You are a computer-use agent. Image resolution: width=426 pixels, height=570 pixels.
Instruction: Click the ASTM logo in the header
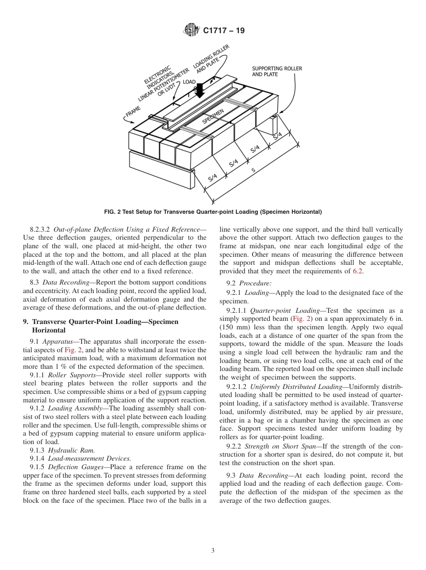pyautogui.click(x=191, y=30)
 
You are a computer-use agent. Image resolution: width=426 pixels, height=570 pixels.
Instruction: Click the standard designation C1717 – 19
pyautogui.click(x=224, y=31)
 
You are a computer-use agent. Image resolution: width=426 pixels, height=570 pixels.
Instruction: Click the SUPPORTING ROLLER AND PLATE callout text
pyautogui.click(x=277, y=71)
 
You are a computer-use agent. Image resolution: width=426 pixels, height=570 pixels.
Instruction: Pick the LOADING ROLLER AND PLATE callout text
pyautogui.click(x=211, y=59)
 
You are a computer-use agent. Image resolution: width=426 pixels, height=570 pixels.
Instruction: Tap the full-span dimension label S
pyautogui.click(x=253, y=171)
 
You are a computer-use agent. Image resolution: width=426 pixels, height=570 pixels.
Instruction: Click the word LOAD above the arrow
pyautogui.click(x=189, y=82)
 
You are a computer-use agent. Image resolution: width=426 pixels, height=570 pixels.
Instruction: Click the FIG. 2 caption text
pyautogui.click(x=213, y=212)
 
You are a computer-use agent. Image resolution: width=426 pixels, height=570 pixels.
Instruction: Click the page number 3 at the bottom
pyautogui.click(x=213, y=550)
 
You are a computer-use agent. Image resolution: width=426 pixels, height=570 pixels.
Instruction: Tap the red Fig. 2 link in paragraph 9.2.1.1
pyautogui.click(x=299, y=319)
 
